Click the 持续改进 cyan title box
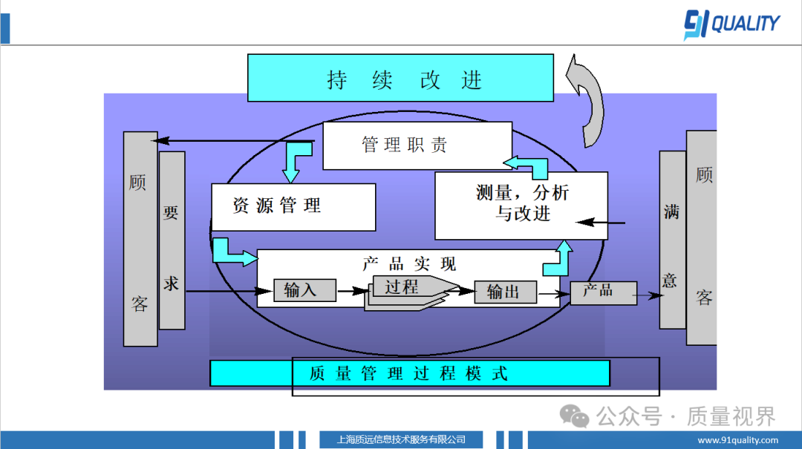[400, 78]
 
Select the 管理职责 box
[417, 145]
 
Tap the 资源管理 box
[293, 206]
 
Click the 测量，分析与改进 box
[521, 204]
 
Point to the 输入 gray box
[305, 291]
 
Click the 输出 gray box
[506, 292]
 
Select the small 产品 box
[603, 292]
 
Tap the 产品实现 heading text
[409, 263]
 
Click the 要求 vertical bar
[172, 241]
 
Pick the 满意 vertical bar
[672, 240]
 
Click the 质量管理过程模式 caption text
[409, 373]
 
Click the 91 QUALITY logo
[731, 24]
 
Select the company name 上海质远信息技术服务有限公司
[401, 439]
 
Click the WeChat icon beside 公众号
[576, 416]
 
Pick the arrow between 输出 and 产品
[552, 294]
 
